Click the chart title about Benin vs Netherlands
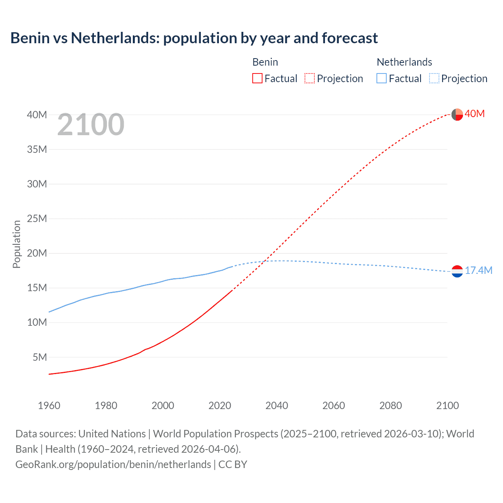pyautogui.click(x=194, y=38)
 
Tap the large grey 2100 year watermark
pyautogui.click(x=91, y=125)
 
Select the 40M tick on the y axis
pyautogui.click(x=37, y=115)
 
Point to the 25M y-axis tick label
pyautogui.click(x=37, y=218)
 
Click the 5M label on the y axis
pyautogui.click(x=40, y=357)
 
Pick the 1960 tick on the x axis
pyautogui.click(x=49, y=406)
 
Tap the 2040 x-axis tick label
pyautogui.click(x=277, y=406)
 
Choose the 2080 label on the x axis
pyautogui.click(x=391, y=406)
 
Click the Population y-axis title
pyautogui.click(x=17, y=244)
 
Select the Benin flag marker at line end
pyautogui.click(x=457, y=114)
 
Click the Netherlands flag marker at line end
pyautogui.click(x=457, y=271)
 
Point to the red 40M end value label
pyautogui.click(x=475, y=114)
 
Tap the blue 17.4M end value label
pyautogui.click(x=479, y=270)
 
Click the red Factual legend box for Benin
pyautogui.click(x=257, y=78)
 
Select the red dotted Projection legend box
pyautogui.click(x=310, y=78)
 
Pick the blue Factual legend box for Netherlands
pyautogui.click(x=381, y=78)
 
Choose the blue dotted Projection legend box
pyautogui.click(x=434, y=78)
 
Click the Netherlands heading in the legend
pyautogui.click(x=404, y=62)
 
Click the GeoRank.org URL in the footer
pyautogui.click(x=113, y=464)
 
